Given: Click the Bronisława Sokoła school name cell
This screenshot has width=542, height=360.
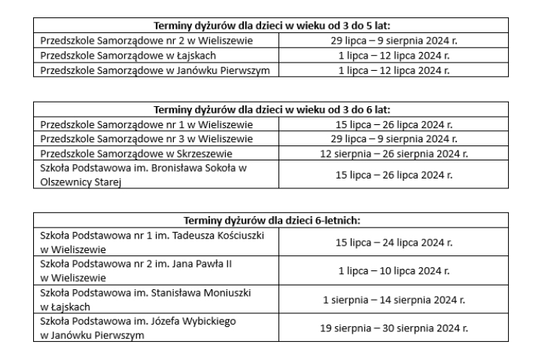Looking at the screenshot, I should [x=143, y=175].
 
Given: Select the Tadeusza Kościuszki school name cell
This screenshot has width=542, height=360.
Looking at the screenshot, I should [x=151, y=242].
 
